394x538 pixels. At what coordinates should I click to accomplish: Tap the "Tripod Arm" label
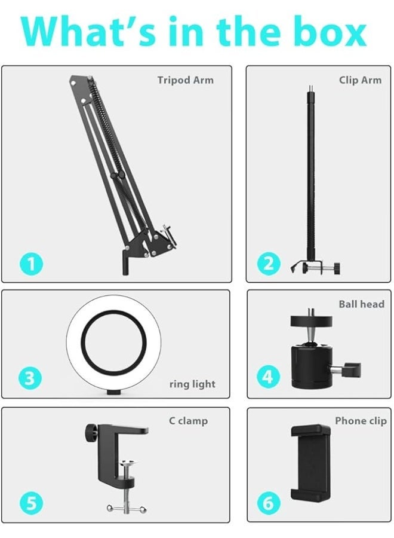click(x=185, y=80)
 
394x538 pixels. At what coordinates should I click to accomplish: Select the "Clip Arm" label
click(x=360, y=80)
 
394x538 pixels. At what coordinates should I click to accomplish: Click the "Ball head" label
click(x=361, y=304)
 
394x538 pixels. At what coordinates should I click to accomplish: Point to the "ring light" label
click(x=192, y=384)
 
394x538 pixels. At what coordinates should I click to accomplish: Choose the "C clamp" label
click(x=188, y=421)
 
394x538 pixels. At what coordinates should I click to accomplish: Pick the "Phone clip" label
click(x=361, y=421)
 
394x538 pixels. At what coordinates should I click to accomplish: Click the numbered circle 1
click(x=30, y=263)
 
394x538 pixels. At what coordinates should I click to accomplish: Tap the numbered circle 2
click(x=268, y=263)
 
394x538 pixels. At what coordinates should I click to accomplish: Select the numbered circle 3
click(x=30, y=377)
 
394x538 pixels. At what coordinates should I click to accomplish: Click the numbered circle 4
click(x=268, y=377)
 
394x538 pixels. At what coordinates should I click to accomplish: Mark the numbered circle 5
click(x=30, y=503)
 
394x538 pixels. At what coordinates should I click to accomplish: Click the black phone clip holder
click(x=310, y=463)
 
